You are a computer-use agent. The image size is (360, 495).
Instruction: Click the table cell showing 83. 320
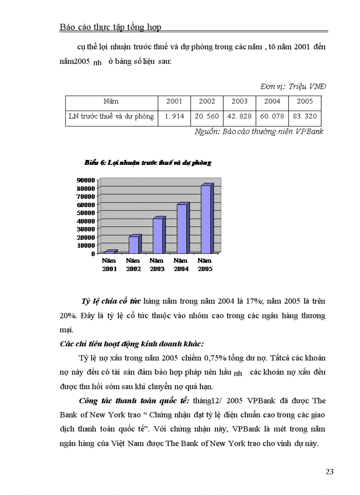(305, 116)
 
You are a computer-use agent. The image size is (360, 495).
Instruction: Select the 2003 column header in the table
(240, 101)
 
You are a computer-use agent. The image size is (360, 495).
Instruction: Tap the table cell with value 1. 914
(174, 116)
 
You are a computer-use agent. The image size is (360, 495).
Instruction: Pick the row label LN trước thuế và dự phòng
(112, 116)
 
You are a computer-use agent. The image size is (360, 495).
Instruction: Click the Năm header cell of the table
(111, 101)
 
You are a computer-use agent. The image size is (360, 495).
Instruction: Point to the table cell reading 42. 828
(240, 116)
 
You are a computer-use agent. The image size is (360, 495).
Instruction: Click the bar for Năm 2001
(110, 252)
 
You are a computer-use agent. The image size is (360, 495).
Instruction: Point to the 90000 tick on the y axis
(86, 180)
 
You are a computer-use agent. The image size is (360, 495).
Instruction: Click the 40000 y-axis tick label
(86, 220)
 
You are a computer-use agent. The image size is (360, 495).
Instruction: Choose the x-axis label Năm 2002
(134, 265)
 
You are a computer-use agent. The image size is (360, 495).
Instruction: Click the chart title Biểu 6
(148, 163)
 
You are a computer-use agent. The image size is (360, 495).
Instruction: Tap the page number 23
(330, 472)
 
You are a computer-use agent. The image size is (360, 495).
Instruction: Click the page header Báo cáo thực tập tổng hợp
(110, 27)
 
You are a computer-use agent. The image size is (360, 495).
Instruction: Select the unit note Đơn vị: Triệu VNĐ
(293, 86)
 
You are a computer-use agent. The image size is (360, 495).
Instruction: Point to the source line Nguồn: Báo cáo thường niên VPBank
(259, 131)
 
